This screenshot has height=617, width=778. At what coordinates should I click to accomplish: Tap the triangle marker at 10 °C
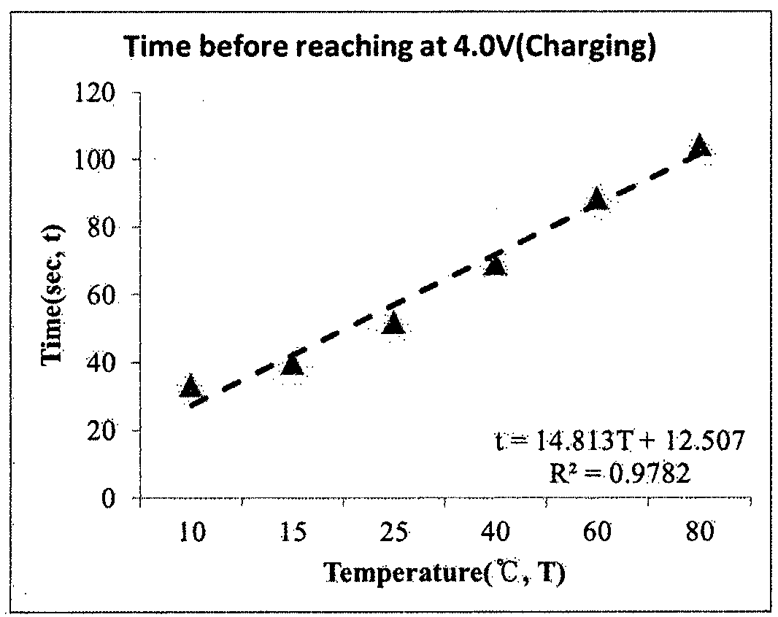[190, 387]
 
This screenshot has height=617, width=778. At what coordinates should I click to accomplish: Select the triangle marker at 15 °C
[291, 364]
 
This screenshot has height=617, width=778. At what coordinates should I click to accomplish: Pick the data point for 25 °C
[393, 323]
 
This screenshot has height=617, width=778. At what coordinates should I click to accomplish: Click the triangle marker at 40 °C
[495, 265]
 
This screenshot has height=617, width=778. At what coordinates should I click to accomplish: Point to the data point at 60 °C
[596, 198]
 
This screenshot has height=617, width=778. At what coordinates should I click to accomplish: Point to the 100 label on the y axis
[96, 160]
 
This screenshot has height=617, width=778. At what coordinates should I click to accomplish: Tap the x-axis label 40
[496, 532]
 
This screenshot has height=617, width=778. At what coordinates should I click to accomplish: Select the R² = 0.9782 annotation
[620, 473]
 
